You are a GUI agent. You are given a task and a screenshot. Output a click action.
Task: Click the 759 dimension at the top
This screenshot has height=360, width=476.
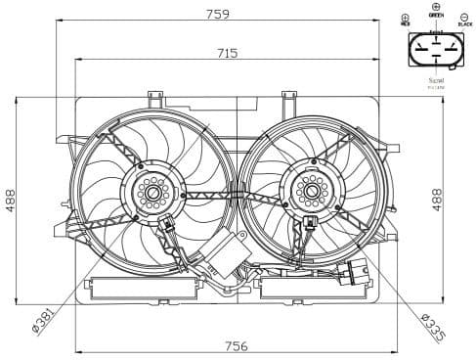pos(219,14)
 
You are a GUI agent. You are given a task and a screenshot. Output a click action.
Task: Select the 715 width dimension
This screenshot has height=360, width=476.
pos(227,53)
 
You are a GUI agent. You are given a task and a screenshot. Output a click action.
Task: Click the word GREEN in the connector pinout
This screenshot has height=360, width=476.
pos(435,16)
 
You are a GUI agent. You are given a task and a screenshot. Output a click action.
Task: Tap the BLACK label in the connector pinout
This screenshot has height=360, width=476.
pos(464,22)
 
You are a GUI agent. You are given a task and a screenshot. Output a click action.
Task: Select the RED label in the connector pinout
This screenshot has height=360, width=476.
pos(405,22)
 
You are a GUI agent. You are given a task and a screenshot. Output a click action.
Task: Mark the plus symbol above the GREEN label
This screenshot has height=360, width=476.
pos(435,6)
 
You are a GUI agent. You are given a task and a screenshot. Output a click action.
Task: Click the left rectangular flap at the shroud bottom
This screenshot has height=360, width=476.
pos(143,288)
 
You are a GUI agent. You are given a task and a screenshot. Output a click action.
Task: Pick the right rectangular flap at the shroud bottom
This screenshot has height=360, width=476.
pos(297,288)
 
